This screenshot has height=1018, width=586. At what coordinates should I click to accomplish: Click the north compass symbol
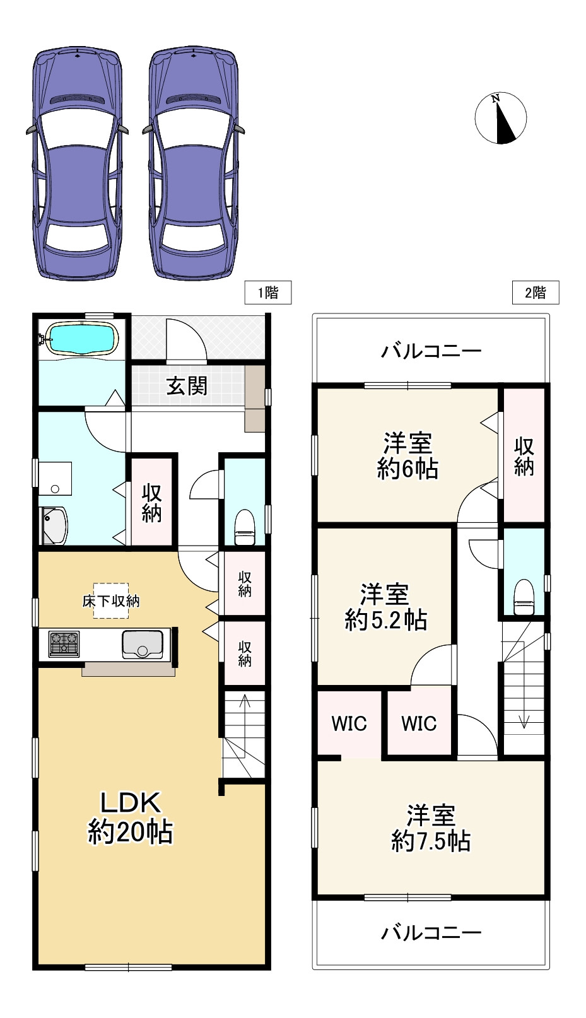coord(500,118)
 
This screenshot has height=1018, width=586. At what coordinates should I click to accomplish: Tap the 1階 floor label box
coord(268,293)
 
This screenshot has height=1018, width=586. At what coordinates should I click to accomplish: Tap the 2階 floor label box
coord(536,293)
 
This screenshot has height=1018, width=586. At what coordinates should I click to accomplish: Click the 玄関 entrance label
coord(187,386)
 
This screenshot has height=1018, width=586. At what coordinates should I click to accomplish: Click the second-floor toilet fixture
coord(524,596)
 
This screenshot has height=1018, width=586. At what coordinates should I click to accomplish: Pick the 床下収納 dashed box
coord(111,600)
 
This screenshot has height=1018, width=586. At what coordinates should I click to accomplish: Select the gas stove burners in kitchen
coord(64,644)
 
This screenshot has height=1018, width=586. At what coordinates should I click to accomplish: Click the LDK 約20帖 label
coord(131,817)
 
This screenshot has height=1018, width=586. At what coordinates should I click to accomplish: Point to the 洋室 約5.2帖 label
coord(385,607)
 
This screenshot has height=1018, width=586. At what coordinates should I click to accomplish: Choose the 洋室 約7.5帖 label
coord(431,828)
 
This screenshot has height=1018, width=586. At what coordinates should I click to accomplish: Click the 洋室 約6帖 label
coord(407,456)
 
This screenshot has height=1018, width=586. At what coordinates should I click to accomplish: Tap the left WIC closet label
coord(349,723)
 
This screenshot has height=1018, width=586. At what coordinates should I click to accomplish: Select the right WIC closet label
coord(419,723)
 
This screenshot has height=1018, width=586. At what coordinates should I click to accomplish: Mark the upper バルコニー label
coord(431,351)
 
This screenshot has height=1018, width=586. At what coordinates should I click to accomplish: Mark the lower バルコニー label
coord(431,932)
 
